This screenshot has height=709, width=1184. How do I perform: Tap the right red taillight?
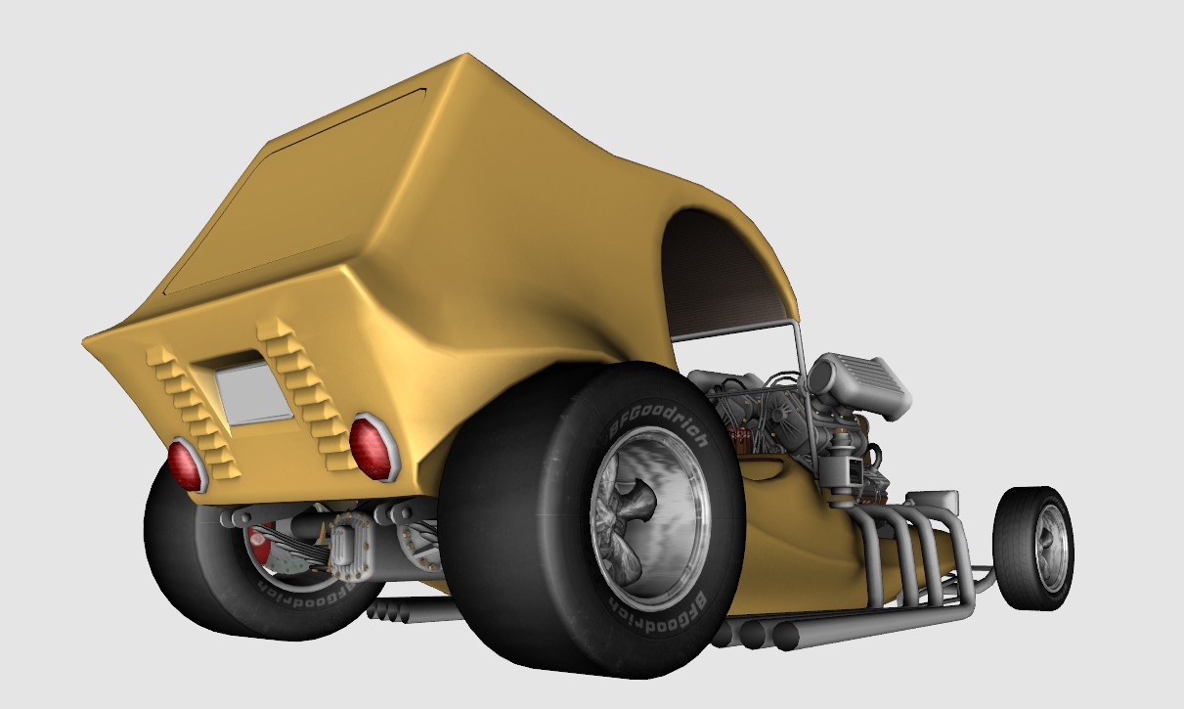click(x=372, y=446)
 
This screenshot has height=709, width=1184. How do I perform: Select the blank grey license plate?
click(x=254, y=393)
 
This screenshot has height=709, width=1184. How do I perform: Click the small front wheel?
click(x=1033, y=549)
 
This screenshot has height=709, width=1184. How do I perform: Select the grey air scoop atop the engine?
click(x=859, y=386)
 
